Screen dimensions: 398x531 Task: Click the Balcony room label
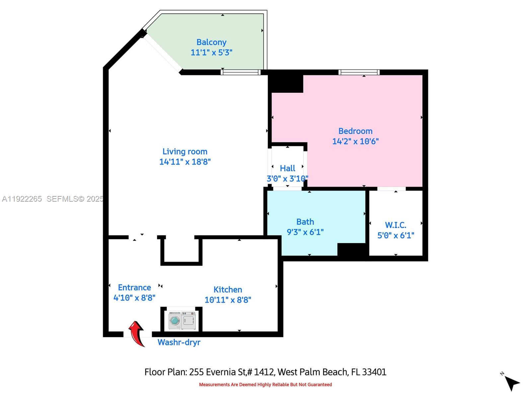(x=211, y=42)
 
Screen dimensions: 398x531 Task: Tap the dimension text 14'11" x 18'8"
(x=185, y=162)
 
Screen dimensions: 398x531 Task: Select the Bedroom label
(x=355, y=131)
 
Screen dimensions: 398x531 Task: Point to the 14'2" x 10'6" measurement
(x=355, y=141)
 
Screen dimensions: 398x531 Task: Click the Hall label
(x=287, y=168)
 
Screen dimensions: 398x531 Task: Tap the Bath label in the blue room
(x=305, y=222)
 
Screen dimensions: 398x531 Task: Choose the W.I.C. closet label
(x=395, y=225)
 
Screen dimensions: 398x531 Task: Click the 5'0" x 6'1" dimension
(x=396, y=235)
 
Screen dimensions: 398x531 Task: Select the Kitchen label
(x=228, y=290)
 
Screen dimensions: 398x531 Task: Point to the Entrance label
(x=134, y=287)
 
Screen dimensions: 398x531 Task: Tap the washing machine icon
(x=175, y=321)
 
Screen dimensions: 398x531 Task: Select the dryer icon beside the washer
(x=189, y=321)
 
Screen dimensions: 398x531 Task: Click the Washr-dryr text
(x=179, y=342)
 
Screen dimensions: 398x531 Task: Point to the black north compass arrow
(x=512, y=383)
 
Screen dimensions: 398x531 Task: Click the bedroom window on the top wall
(x=359, y=72)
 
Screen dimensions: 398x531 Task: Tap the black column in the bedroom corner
(x=286, y=83)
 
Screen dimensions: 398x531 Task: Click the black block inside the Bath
(x=352, y=249)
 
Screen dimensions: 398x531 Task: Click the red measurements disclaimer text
(x=265, y=385)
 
